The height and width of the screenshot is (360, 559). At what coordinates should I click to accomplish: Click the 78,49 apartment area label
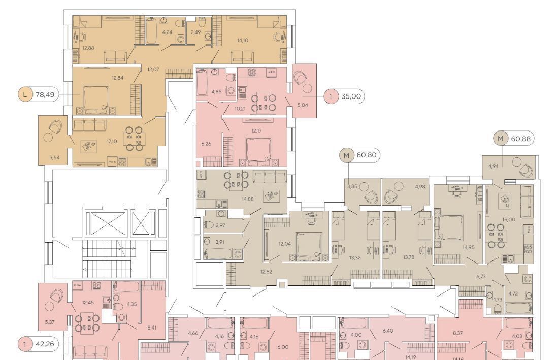(45, 95)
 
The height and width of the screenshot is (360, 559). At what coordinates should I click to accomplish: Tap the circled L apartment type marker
(24, 95)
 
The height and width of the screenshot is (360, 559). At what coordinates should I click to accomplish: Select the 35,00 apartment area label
(351, 96)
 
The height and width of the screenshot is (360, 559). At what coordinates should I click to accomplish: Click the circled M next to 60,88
(500, 138)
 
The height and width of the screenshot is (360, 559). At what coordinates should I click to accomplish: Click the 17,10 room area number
(112, 141)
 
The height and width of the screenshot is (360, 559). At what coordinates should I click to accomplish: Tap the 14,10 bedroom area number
(243, 40)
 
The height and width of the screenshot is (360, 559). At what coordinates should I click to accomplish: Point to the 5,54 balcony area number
(54, 157)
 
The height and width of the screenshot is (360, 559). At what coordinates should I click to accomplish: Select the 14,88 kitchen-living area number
(248, 199)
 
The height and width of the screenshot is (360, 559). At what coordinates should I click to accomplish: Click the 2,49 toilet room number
(195, 32)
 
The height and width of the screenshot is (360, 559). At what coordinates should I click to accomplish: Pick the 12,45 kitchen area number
(88, 303)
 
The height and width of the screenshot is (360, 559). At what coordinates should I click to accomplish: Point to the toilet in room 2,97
(209, 225)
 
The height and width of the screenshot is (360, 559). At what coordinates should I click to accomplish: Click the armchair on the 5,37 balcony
(55, 296)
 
